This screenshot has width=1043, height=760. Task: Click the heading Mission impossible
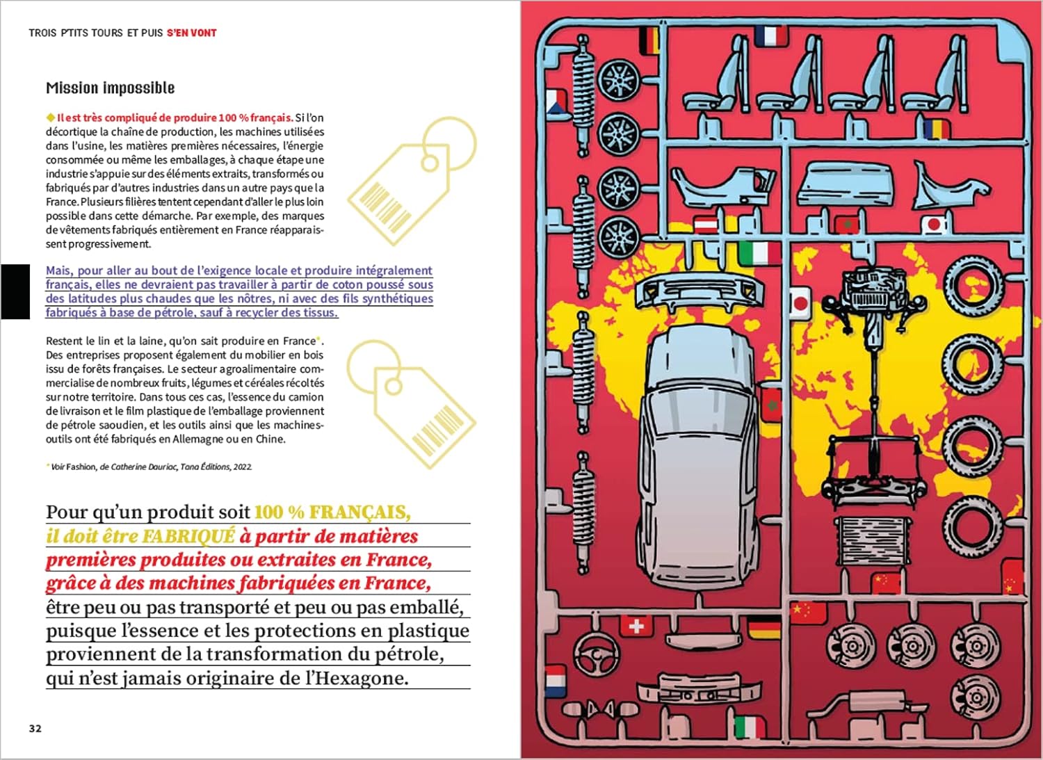(110, 88)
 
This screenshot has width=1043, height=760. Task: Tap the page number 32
(35, 728)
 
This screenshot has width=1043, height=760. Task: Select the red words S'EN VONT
(191, 33)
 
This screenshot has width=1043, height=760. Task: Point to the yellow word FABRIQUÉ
(188, 536)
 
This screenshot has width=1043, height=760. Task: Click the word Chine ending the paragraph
(270, 439)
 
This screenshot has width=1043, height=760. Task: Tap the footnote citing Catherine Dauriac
(150, 467)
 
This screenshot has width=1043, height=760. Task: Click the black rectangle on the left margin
(15, 291)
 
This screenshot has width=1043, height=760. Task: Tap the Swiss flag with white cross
(635, 626)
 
